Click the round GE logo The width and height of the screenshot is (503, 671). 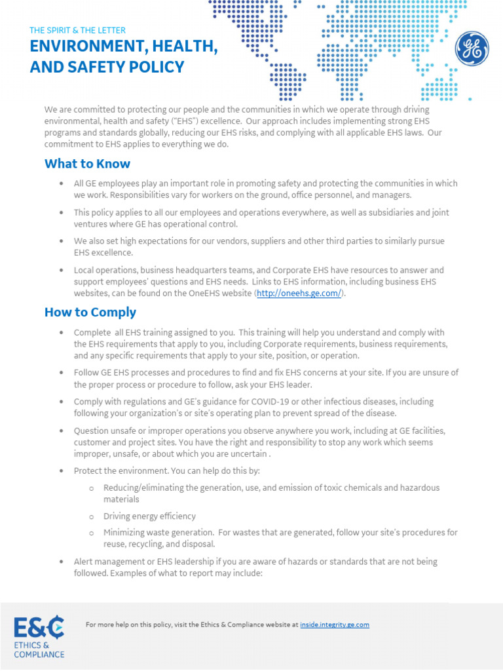(x=472, y=48)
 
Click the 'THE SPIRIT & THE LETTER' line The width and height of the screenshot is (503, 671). (x=77, y=30)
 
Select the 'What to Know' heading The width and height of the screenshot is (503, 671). (x=87, y=164)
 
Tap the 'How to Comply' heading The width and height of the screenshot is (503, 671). (x=90, y=312)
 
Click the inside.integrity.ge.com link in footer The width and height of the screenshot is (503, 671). (x=335, y=624)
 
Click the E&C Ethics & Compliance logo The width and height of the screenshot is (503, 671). (x=39, y=636)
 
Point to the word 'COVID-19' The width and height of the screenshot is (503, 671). (x=304, y=401)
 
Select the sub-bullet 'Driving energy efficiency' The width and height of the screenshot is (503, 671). (x=149, y=516)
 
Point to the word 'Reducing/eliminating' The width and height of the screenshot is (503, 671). (x=142, y=488)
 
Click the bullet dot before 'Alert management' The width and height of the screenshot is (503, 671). (x=61, y=562)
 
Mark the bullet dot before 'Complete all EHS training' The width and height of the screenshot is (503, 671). (x=61, y=333)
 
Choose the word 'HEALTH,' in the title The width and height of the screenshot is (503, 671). (x=184, y=47)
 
